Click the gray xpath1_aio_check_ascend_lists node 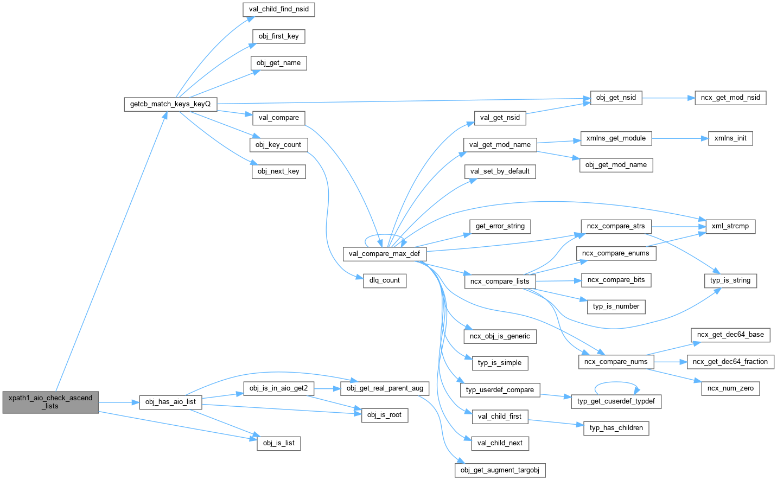tap(50, 402)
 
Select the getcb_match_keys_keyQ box tap(170, 104)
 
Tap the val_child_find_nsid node tap(279, 9)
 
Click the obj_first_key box tap(278, 36)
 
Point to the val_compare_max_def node tap(384, 253)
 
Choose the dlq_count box tap(384, 280)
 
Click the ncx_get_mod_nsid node tap(730, 98)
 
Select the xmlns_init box tap(730, 138)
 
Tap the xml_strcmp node tap(730, 226)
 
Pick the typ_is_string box tap(730, 280)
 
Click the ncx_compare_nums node tap(616, 362)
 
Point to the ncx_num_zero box tap(730, 388)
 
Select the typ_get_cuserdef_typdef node tap(616, 401)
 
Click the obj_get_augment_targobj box tap(500, 470)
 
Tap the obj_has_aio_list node tap(170, 402)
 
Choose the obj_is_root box tap(384, 415)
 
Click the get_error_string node tap(500, 226)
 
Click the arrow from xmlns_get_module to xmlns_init tap(680, 138)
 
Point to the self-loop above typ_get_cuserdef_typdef tap(617, 383)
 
